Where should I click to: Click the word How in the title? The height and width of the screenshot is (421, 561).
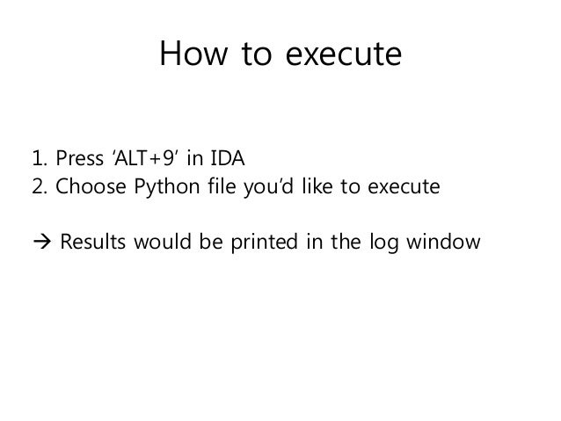[186, 56]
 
